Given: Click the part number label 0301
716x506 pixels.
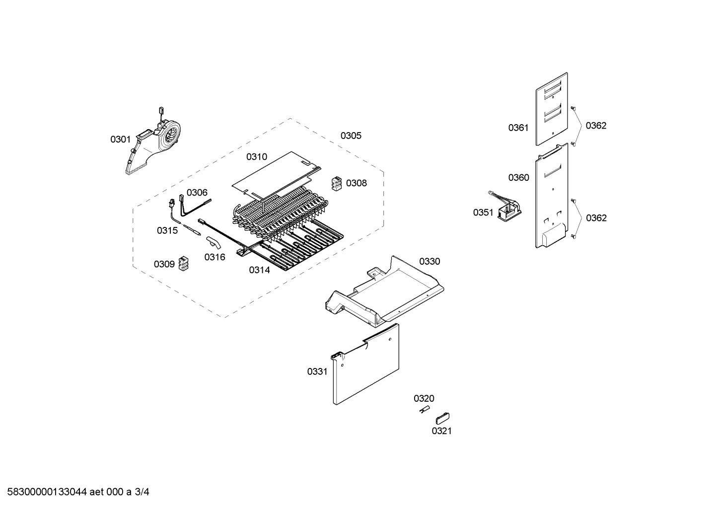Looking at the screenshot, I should (x=120, y=140).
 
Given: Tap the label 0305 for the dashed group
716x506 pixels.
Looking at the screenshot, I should (x=351, y=136).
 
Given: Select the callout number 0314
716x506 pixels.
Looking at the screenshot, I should (x=259, y=270).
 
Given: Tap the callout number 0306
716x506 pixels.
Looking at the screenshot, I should (x=197, y=193).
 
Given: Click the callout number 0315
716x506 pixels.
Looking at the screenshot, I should (x=167, y=230).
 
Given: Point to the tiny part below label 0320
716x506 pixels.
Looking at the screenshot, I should (x=424, y=409).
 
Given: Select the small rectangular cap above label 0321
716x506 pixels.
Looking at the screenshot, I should (x=442, y=418).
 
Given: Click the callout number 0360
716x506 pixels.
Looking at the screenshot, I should (x=518, y=178).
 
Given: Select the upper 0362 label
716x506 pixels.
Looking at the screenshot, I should (x=596, y=126).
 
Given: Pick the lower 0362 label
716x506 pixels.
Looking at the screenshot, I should (x=596, y=218).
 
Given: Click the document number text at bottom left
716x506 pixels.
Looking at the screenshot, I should (x=75, y=492).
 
